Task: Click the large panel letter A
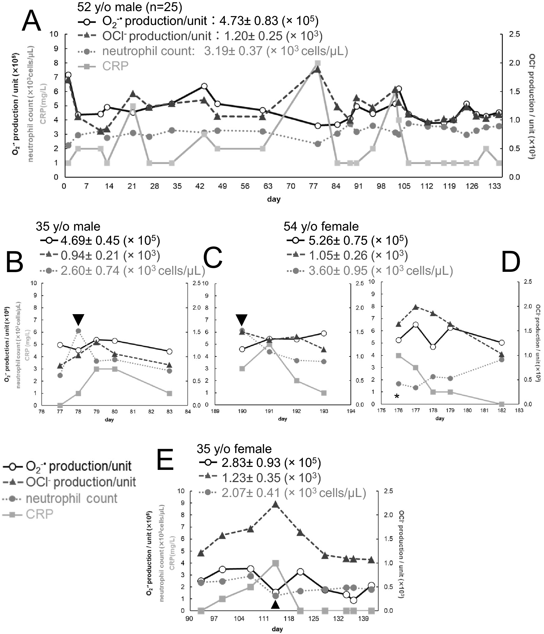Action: [x=31, y=21]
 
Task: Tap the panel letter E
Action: [x=165, y=459]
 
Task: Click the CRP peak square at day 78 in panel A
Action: [x=317, y=63]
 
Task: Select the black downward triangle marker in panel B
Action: [x=78, y=320]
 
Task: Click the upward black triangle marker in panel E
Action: [x=276, y=605]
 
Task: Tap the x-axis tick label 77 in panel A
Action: [x=313, y=186]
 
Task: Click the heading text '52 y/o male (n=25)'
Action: [x=130, y=7]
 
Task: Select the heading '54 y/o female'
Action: [x=321, y=227]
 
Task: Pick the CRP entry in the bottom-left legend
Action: [x=39, y=514]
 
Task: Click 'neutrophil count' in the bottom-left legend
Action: [x=71, y=498]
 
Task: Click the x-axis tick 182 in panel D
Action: [x=501, y=410]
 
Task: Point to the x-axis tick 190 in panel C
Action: [x=242, y=411]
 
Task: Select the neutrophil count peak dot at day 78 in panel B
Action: [x=78, y=331]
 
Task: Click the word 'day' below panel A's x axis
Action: [x=274, y=199]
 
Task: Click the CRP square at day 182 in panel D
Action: [x=501, y=404]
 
